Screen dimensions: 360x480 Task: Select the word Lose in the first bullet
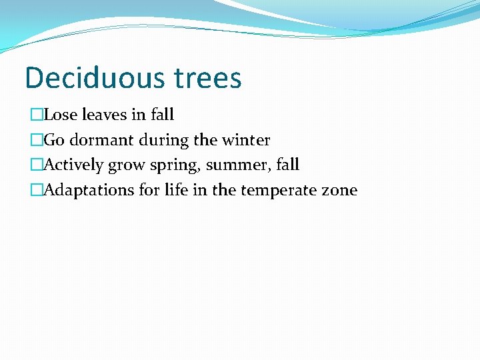pos(61,115)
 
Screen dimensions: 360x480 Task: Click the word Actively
pos(73,165)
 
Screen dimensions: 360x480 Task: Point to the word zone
pos(339,191)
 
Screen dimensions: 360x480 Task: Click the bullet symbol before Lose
pos(37,115)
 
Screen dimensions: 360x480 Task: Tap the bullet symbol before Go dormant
pos(37,141)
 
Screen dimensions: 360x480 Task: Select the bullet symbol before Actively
pos(37,165)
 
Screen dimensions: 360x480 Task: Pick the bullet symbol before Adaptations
pos(37,191)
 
